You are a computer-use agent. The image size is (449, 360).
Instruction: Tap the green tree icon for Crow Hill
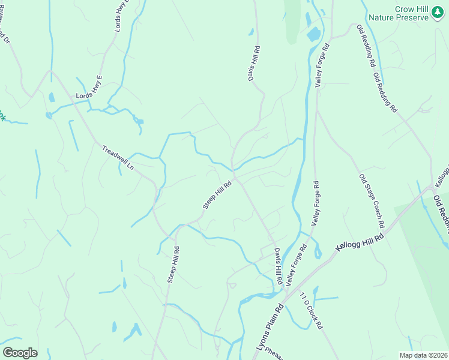[439, 17]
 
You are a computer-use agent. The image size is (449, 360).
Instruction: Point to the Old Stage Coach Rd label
[372, 201]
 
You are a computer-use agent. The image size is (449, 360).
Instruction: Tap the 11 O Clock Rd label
[312, 310]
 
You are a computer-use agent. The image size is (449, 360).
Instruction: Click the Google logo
[20, 352]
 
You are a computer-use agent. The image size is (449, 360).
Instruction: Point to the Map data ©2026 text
[423, 355]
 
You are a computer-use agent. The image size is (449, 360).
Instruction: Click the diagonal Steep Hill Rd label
[217, 196]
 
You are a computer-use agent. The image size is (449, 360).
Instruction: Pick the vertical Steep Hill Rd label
[173, 264]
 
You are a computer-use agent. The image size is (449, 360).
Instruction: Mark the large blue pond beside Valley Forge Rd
[313, 34]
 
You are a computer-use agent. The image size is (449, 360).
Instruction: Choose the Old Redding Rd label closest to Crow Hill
[365, 46]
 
